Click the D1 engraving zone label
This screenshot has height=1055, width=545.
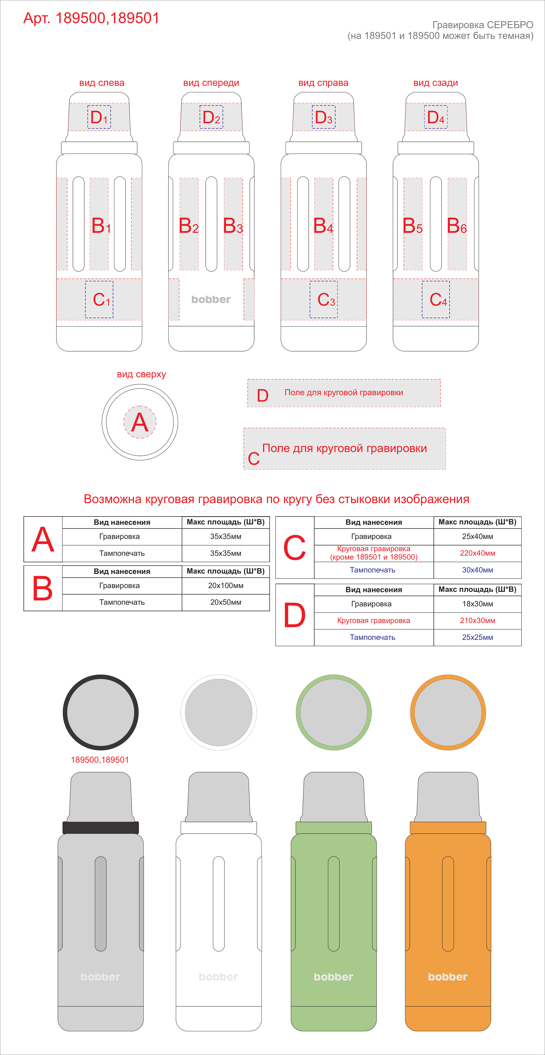99,118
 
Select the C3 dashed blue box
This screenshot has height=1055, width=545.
323,299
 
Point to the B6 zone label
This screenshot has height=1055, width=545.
456,226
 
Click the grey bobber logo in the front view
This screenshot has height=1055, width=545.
211,299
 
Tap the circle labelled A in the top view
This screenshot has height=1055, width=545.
140,422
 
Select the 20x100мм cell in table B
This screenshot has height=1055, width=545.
226,586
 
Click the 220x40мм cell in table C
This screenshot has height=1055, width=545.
477,553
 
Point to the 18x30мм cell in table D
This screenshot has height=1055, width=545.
477,604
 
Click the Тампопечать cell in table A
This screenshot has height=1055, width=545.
122,553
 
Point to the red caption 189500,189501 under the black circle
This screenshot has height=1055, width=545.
100,760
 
